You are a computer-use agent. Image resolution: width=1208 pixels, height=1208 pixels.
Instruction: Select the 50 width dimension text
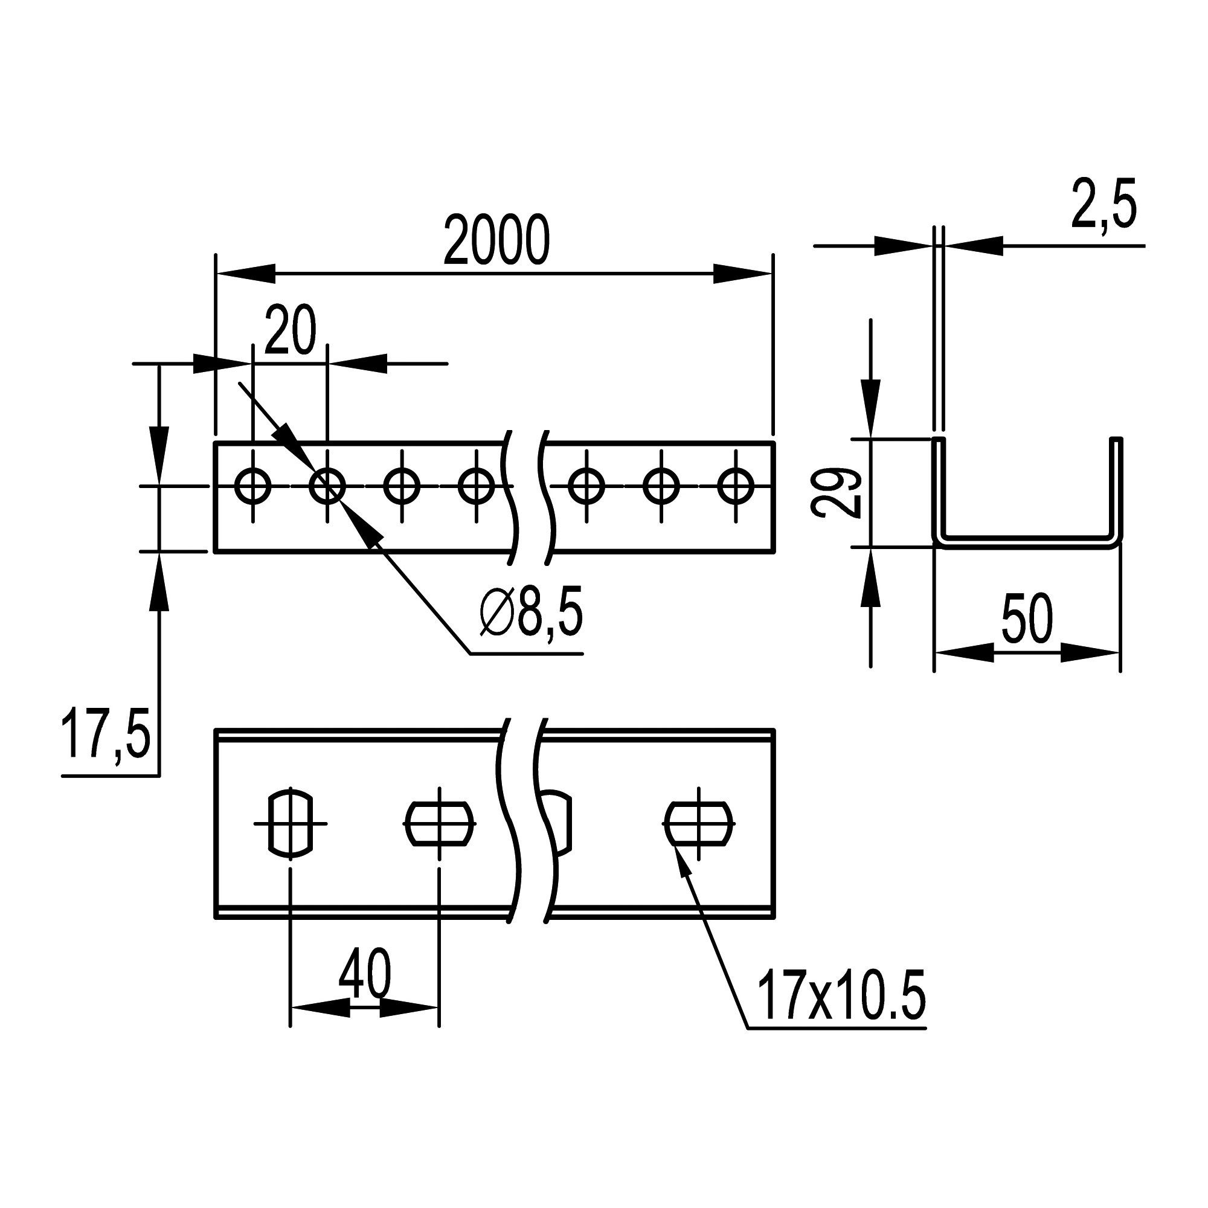click(1027, 619)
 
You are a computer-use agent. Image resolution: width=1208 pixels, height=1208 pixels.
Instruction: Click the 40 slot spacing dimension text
click(365, 974)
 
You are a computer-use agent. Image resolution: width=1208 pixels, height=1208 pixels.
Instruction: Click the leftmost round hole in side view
click(252, 486)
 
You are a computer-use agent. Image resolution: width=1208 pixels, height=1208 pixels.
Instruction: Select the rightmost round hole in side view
click(735, 486)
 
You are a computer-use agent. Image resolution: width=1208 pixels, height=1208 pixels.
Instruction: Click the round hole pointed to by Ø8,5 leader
click(327, 486)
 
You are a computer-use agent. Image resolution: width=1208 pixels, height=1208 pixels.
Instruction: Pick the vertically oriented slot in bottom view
click(290, 823)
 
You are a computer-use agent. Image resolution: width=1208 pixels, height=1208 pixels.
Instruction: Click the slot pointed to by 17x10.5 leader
click(698, 823)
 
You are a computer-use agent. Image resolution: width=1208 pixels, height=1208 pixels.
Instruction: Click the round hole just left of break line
click(477, 486)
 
